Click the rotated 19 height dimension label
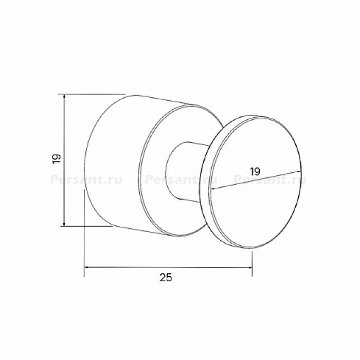coord(57,158)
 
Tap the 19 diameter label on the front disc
coord(255,171)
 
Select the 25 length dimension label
coord(166,278)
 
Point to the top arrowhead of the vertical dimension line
coord(64,97)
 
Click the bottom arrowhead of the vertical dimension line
coord(64,224)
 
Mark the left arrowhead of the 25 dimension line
coord(88,267)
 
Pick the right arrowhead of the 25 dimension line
coord(249,267)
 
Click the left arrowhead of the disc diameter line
coord(213,189)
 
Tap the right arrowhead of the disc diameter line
coord(298,171)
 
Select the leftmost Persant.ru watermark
coord(86,180)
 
